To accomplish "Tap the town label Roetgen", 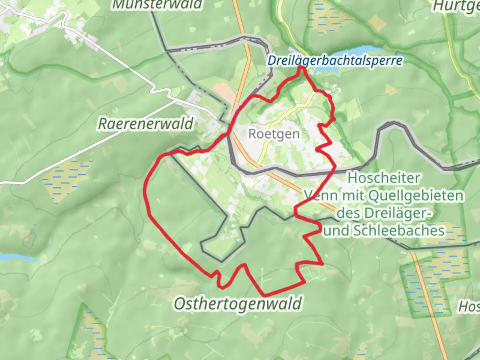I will [x=274, y=134].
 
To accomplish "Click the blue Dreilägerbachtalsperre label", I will [x=335, y=61].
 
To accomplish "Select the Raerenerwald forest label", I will [x=146, y=124].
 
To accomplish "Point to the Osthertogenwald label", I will [x=238, y=304].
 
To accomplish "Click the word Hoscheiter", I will [x=384, y=178].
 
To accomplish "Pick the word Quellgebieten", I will [x=416, y=196].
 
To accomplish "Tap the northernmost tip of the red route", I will [x=301, y=68].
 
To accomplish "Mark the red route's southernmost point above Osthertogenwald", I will [x=265, y=295].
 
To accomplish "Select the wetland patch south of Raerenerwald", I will [x=67, y=180].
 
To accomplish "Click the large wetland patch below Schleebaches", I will [x=433, y=283].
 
